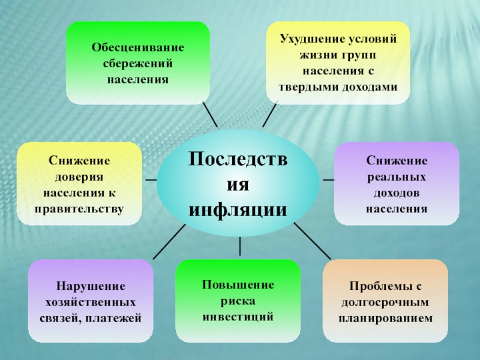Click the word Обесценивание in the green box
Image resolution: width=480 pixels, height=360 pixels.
(137, 47)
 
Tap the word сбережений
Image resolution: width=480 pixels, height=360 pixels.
(137, 62)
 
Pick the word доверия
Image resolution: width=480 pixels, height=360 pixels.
(79, 178)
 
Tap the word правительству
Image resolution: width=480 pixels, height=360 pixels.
(79, 209)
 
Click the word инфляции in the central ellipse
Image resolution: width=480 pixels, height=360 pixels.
(238, 210)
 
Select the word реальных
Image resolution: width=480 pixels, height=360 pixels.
(397, 178)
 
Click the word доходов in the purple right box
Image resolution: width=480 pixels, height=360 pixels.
(397, 193)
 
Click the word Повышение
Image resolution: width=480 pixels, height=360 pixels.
(238, 284)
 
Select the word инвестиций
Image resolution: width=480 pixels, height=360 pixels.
(238, 316)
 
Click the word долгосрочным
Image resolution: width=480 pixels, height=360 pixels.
(385, 301)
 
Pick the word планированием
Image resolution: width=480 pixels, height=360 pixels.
(385, 317)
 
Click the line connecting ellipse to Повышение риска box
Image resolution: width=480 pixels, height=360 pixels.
(240, 247)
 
